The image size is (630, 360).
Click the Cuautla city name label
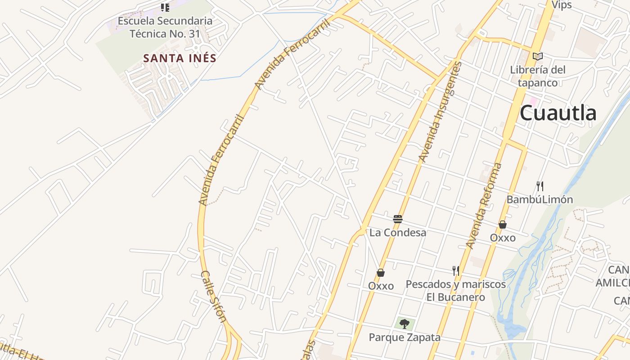pos(558,113)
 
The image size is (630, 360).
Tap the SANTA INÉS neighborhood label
pos(180,58)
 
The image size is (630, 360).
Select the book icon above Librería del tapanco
pos(537,56)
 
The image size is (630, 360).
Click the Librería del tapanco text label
pos(537,76)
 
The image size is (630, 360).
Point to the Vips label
pos(561,5)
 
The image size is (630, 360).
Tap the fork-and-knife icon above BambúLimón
pos(540,186)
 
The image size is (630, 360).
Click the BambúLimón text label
pos(540,199)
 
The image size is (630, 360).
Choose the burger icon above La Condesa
pos(398,219)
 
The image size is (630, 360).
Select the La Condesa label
pos(398,233)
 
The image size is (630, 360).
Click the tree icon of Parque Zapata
pos(404,323)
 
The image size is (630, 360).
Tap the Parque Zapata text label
pos(405,337)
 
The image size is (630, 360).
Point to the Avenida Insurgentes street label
pos(441,112)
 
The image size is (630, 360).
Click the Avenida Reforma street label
pos(484,206)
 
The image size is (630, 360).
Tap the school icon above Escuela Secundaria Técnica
pos(165,7)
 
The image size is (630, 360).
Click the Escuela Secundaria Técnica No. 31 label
pos(165,27)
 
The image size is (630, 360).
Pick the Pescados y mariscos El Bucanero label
pos(456,291)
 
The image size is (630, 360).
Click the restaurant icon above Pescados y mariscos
pos(456,270)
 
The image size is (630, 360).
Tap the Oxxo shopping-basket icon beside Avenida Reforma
pos(503,224)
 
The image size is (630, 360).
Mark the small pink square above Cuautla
pos(534,101)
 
